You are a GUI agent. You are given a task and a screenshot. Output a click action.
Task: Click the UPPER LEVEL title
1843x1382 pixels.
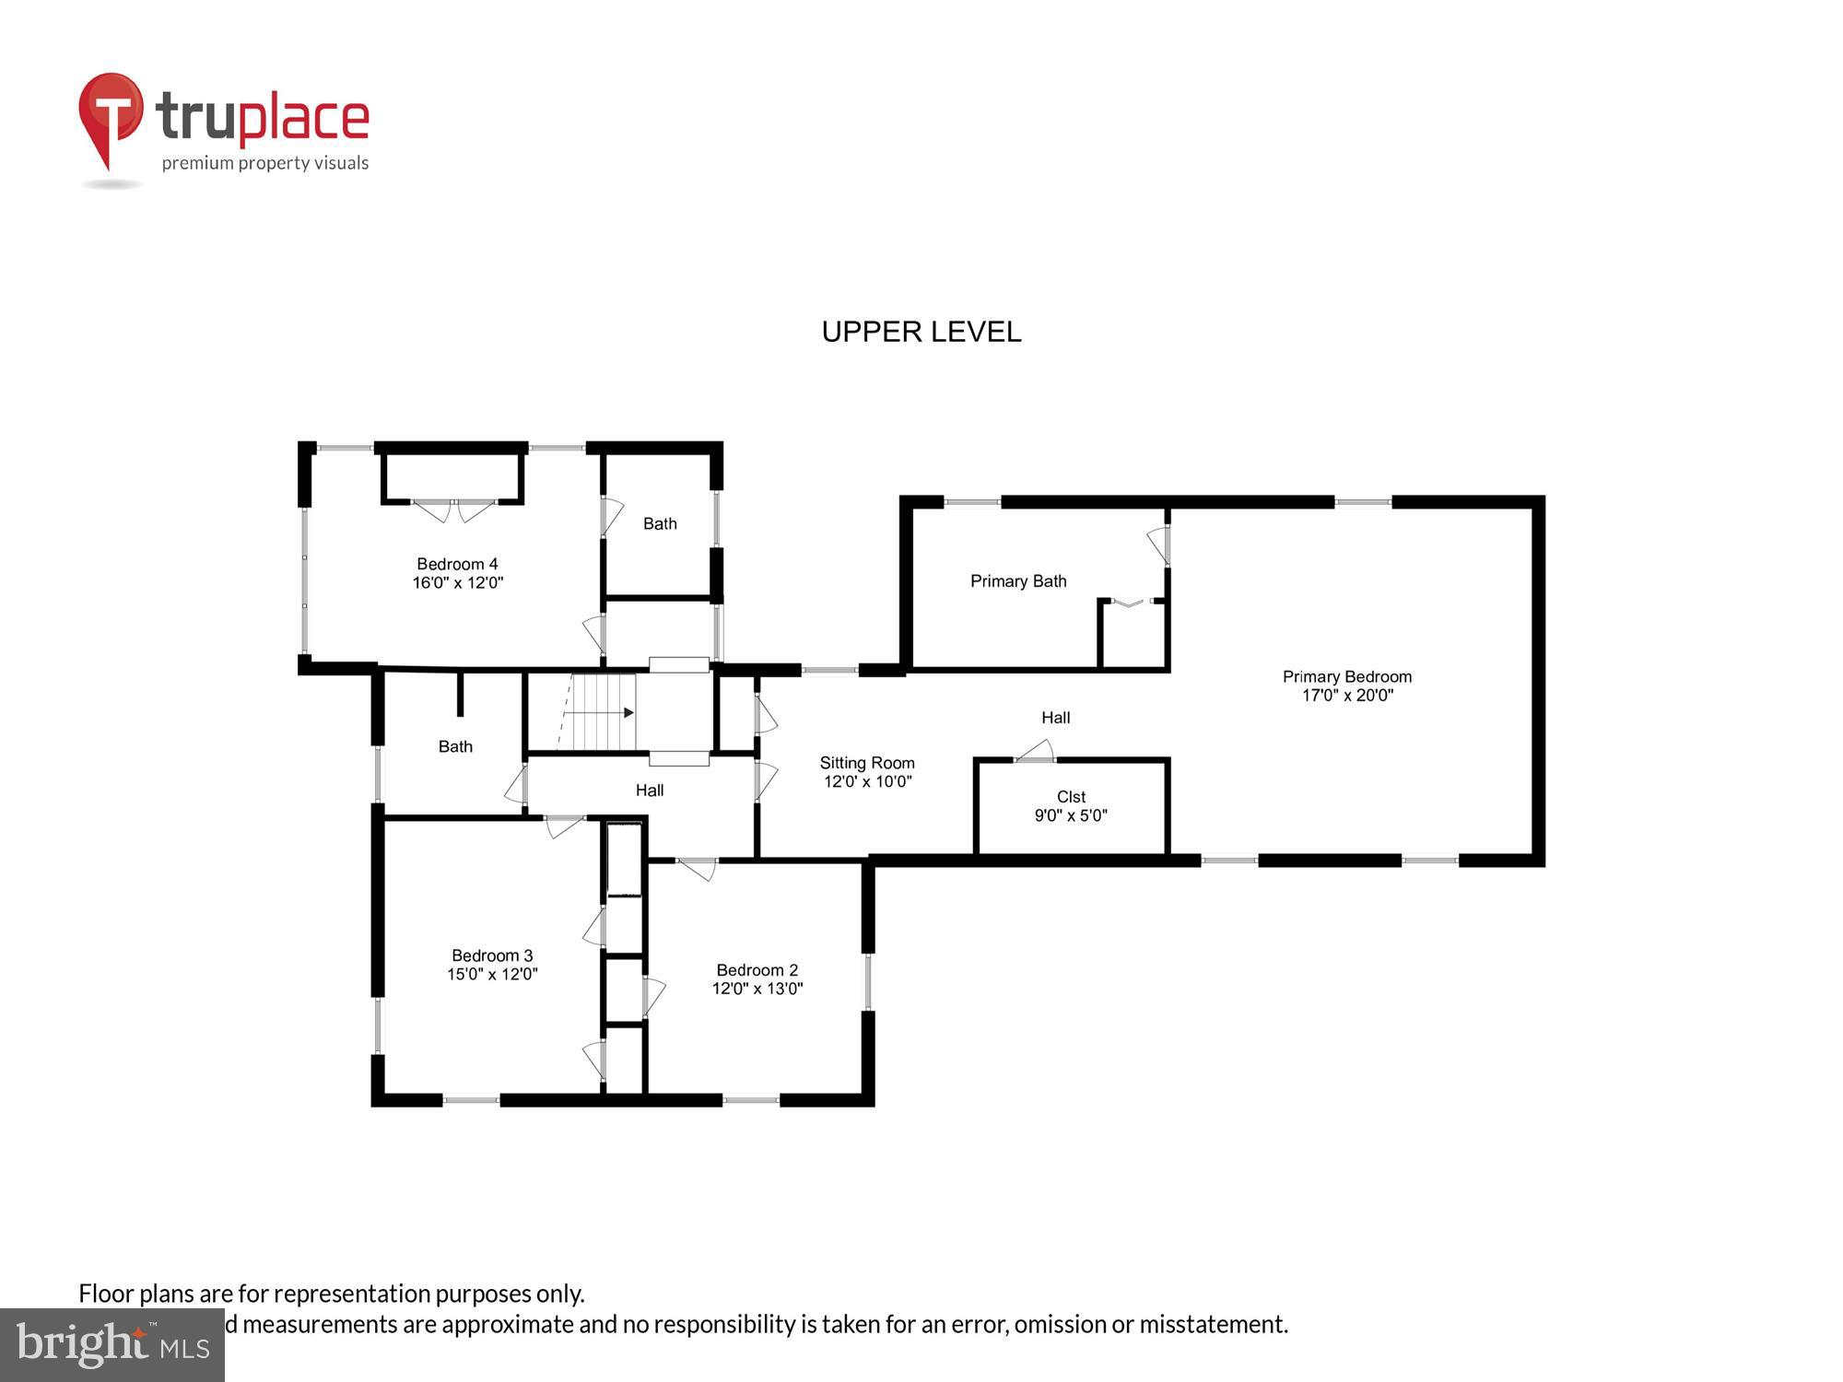tap(921, 332)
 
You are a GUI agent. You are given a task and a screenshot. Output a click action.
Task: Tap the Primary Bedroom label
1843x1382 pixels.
tap(1346, 676)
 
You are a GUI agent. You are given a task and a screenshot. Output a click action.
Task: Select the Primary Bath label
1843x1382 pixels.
tap(1017, 581)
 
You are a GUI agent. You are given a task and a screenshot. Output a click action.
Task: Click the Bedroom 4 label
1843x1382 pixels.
tap(457, 564)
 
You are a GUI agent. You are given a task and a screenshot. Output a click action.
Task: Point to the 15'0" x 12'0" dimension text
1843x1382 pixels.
tap(492, 974)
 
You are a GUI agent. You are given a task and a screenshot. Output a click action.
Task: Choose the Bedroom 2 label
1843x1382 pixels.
tap(757, 970)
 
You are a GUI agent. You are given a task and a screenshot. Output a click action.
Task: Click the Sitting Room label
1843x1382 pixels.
tap(867, 763)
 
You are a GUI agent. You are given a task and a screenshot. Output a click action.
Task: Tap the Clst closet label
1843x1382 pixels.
tap(1071, 796)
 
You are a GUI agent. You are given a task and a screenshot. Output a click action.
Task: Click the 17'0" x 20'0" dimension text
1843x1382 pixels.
tap(1346, 696)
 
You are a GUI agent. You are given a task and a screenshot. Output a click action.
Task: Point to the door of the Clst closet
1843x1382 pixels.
tap(1036, 752)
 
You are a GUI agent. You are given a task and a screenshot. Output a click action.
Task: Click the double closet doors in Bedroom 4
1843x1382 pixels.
tap(453, 509)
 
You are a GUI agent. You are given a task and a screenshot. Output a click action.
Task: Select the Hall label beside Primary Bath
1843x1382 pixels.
tap(1055, 718)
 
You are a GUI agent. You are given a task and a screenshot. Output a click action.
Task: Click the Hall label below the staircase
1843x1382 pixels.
tap(649, 791)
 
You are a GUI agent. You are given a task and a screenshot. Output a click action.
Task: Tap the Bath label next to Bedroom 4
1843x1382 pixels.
tap(660, 523)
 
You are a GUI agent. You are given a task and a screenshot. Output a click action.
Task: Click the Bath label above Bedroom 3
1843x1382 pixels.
tap(455, 746)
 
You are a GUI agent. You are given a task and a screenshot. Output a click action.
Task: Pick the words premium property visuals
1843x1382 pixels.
tap(265, 164)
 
